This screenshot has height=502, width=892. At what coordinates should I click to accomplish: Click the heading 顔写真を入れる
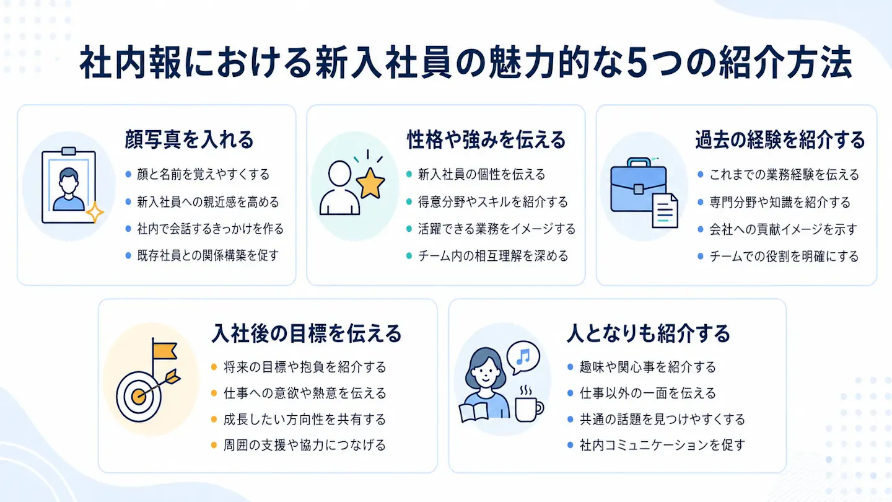point(189,139)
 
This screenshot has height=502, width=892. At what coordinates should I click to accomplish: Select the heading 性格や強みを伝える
point(486,139)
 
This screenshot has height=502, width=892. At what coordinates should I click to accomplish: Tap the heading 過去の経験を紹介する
point(780,139)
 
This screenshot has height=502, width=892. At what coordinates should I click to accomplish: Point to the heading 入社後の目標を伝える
point(306,333)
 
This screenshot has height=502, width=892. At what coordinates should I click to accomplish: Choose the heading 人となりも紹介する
point(649,333)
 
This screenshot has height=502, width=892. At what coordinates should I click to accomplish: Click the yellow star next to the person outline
point(370,183)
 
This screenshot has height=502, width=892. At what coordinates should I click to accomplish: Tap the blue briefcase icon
point(638,185)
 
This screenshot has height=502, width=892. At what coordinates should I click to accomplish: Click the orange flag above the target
point(165,351)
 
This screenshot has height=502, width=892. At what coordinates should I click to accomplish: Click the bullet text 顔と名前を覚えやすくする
point(203,175)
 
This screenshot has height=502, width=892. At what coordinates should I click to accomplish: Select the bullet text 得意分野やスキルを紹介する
point(492,202)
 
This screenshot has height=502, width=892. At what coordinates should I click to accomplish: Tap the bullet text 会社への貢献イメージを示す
point(783,229)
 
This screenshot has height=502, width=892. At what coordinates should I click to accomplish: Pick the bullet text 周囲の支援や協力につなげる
point(305,445)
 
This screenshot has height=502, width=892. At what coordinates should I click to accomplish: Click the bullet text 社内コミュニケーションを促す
point(662,445)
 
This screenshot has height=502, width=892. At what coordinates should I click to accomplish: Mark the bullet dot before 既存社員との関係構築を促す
point(128,255)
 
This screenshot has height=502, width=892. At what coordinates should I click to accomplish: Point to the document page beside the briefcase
point(665,211)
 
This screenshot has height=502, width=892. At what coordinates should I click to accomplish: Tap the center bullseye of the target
point(138,397)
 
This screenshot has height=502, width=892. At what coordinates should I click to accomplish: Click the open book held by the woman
point(473,412)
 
